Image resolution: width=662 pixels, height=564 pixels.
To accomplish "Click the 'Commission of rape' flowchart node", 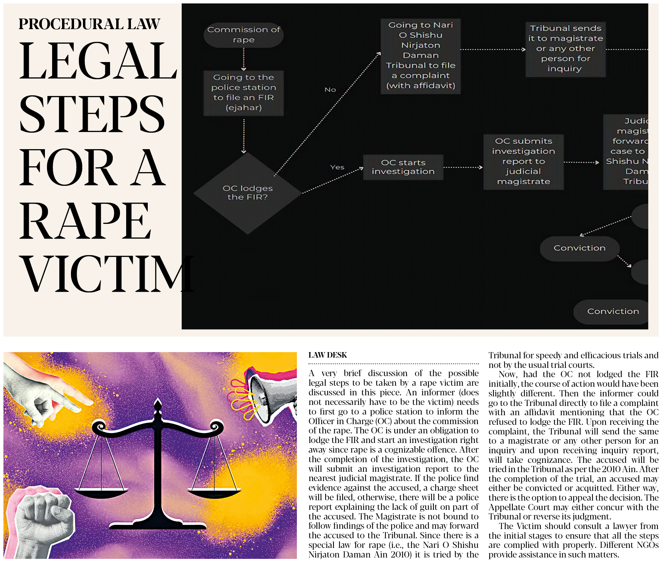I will pyautogui.click(x=243, y=35).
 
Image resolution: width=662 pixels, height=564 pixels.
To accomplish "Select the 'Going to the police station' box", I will pyautogui.click(x=243, y=93).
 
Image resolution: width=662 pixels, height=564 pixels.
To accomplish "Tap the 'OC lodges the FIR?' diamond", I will pyautogui.click(x=247, y=193).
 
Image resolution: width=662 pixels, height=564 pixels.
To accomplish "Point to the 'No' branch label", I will pyautogui.click(x=330, y=90).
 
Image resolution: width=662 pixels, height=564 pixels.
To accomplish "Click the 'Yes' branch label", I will pyautogui.click(x=337, y=167).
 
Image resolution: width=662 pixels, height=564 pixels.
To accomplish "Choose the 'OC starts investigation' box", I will pyautogui.click(x=403, y=167).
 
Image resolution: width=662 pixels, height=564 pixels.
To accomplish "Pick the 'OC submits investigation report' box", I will pyautogui.click(x=523, y=161).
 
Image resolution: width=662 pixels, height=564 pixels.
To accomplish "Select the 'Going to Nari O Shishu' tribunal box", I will pyautogui.click(x=421, y=56).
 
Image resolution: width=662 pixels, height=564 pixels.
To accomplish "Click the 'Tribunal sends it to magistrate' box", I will pyautogui.click(x=565, y=49).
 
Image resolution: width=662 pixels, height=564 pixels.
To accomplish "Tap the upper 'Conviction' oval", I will pyautogui.click(x=579, y=248).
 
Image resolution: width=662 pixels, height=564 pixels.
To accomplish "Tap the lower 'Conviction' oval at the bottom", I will pyautogui.click(x=612, y=311).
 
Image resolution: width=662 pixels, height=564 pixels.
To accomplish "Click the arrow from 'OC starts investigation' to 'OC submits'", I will pyautogui.click(x=463, y=168).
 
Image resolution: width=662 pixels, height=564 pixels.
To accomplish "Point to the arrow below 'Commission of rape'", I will pyautogui.click(x=244, y=59).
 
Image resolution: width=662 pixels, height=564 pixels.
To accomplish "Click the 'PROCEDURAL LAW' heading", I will pyautogui.click(x=89, y=24).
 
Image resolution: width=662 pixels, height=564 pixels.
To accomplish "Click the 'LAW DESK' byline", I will pyautogui.click(x=327, y=355).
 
